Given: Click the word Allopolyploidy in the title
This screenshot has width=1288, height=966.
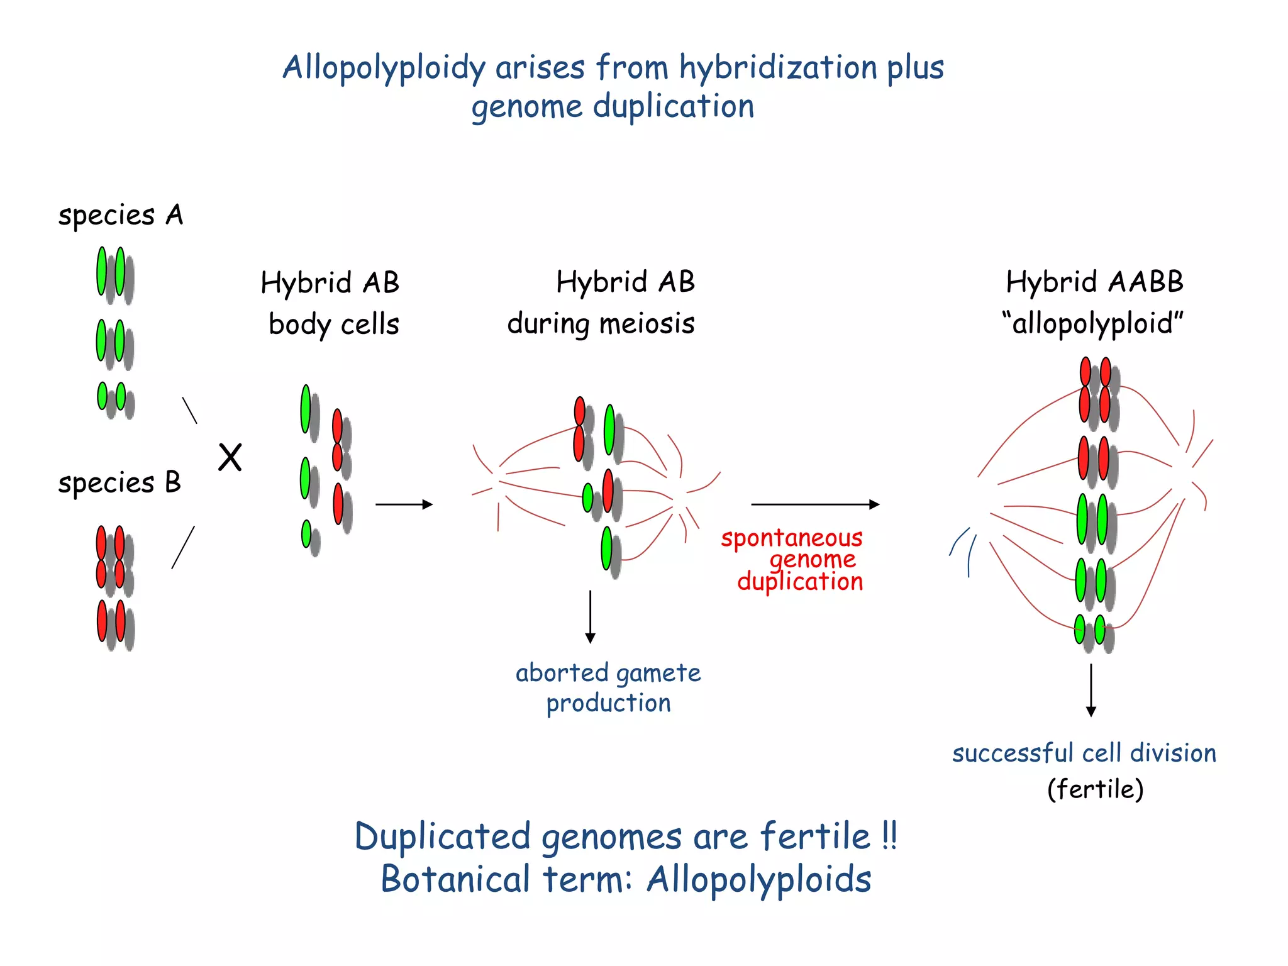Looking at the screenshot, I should click(x=384, y=68).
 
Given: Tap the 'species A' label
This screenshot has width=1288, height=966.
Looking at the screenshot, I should click(x=120, y=216).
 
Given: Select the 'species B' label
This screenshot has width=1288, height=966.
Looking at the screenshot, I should click(x=119, y=483).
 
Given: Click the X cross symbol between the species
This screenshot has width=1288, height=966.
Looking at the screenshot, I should click(x=230, y=457).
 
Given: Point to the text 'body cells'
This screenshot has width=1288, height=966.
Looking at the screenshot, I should click(x=334, y=325).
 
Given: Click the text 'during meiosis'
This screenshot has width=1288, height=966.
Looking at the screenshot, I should click(x=601, y=324).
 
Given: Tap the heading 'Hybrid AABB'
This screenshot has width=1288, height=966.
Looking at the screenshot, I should click(x=1094, y=282).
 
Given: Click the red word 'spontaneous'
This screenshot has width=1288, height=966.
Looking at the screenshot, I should click(x=791, y=538).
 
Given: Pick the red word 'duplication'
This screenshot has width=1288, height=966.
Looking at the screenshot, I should click(x=800, y=582).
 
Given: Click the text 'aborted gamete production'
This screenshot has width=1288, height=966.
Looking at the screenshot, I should click(x=608, y=687).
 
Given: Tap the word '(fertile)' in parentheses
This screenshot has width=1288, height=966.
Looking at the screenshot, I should click(x=1095, y=789).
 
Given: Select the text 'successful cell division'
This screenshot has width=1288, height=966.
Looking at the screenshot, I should click(x=1084, y=753).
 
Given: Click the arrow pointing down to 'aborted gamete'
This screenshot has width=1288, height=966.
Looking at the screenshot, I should click(x=590, y=616).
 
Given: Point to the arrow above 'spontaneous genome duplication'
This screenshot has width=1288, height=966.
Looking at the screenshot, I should click(x=814, y=504).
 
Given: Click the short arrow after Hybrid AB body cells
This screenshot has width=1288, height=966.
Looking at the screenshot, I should click(x=404, y=504).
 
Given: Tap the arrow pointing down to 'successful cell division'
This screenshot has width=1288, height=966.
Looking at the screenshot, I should click(x=1091, y=690).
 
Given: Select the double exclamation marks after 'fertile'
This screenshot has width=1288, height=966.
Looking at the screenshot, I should click(x=889, y=836).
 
